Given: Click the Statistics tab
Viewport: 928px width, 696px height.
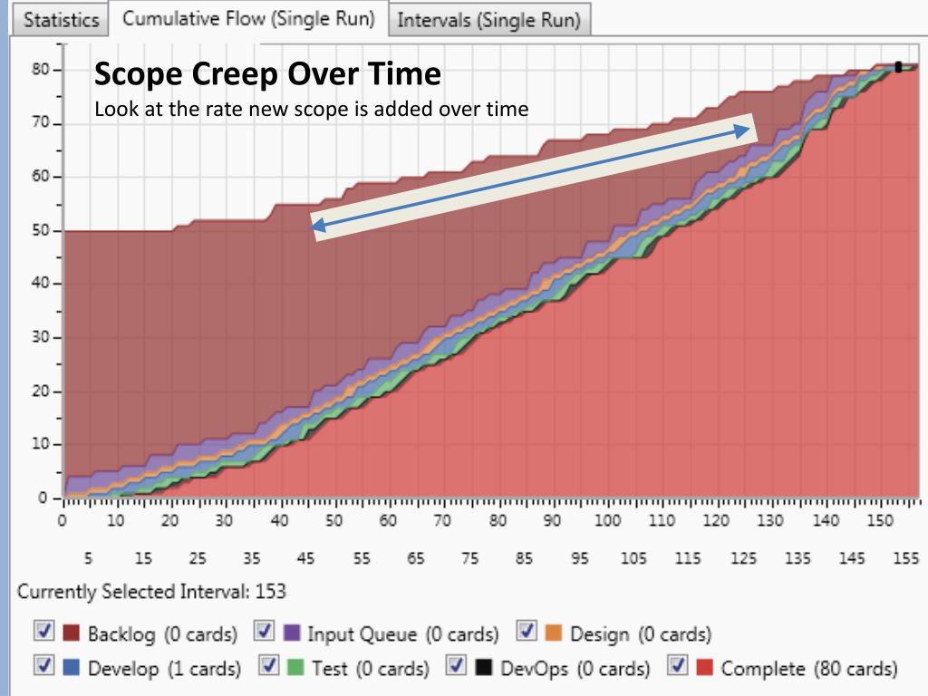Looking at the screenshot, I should tap(61, 21).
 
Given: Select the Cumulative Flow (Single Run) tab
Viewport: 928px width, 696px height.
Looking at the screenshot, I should tap(248, 19).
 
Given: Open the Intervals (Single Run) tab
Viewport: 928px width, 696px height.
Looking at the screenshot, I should tap(488, 21).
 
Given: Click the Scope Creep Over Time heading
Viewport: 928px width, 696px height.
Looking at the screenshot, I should tap(267, 73).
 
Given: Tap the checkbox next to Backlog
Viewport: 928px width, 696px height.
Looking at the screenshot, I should tap(42, 632).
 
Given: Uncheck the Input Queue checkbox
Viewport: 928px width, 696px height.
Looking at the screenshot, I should tap(265, 632).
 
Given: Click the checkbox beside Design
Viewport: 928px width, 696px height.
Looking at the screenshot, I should tap(527, 632).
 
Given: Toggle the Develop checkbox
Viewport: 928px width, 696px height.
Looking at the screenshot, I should tap(42, 667).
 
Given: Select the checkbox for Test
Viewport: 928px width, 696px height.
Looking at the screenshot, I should tap(269, 667).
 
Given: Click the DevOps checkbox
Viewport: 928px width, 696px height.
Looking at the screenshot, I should tap(458, 667).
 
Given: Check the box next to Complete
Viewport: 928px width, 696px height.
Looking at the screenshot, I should tap(678, 667).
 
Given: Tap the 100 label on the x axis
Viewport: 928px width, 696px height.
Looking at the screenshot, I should tap(607, 521).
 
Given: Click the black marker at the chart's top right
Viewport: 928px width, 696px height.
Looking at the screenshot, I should tap(898, 67).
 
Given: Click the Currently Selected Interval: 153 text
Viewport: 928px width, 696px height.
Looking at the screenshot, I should tap(151, 592).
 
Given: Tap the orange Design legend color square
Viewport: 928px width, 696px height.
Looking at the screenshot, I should tap(555, 633).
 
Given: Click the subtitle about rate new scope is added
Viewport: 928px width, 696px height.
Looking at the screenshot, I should tap(311, 110).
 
